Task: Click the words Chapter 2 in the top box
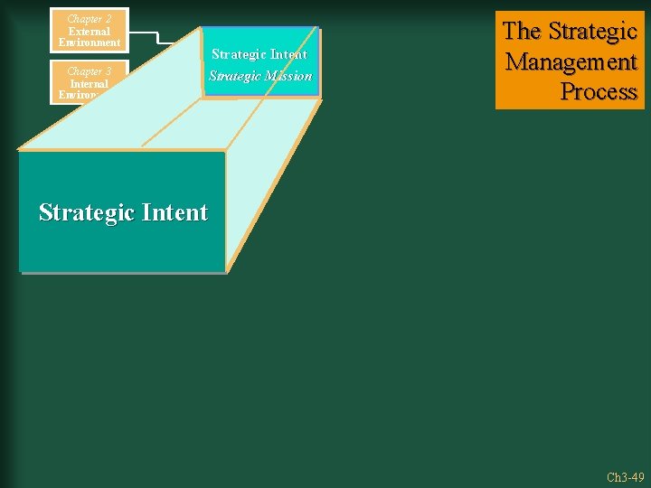coord(89,19)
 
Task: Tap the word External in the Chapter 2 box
coord(89,31)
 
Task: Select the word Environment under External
coord(89,42)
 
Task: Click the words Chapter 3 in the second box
coord(89,71)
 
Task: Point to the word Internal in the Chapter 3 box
coord(89,83)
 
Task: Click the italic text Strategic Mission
coord(260,76)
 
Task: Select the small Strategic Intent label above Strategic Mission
coord(259,54)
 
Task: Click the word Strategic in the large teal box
coord(85,212)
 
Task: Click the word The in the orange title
coord(521,32)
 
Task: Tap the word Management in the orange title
coord(571,62)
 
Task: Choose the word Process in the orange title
coord(599,92)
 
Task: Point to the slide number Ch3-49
coord(625,477)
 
